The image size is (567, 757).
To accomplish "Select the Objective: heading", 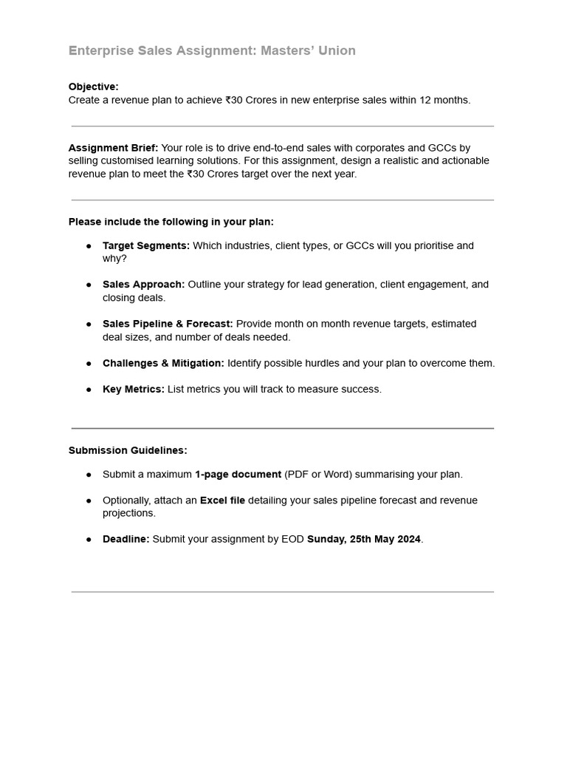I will [93, 86].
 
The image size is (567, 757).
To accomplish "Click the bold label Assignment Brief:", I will [113, 147].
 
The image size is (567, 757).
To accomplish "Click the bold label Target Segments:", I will [146, 245].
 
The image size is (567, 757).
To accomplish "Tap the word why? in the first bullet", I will [114, 259].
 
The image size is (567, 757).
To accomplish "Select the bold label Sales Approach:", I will [143, 285].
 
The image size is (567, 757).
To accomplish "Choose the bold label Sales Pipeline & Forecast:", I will [168, 324].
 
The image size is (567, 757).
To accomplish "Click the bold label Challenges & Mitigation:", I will [163, 363].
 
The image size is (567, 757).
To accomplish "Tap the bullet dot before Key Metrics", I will [89, 390].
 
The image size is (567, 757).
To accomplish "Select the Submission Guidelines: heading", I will [128, 450].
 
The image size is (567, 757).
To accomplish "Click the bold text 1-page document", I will [238, 475].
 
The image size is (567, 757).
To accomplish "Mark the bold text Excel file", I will [222, 500].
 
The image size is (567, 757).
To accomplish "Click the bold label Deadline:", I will [126, 540].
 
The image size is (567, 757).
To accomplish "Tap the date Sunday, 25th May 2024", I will [363, 540].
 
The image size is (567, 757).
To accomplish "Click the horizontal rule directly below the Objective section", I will [283, 126].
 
